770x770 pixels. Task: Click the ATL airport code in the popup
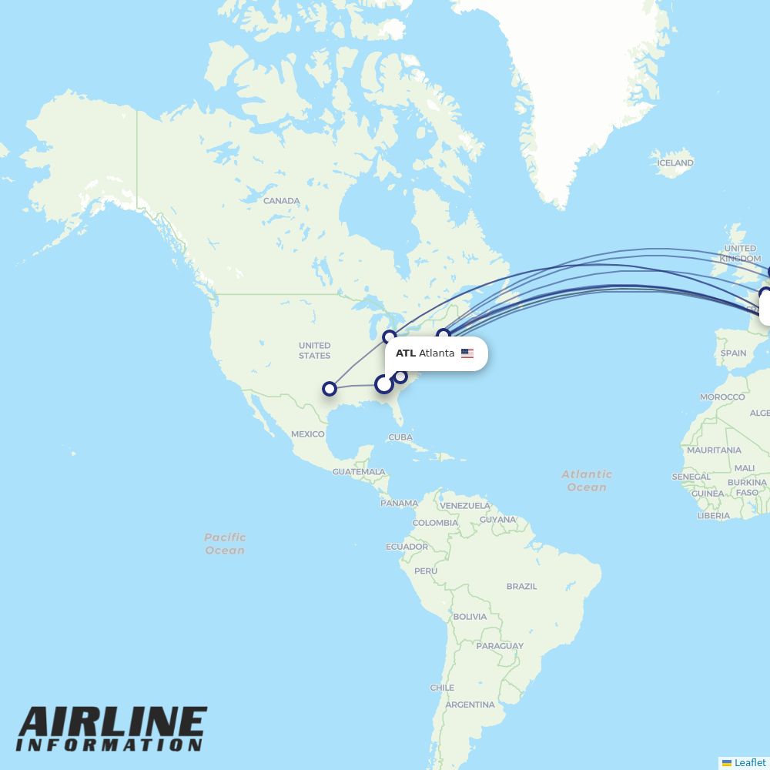[x=406, y=353]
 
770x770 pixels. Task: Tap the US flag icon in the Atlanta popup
[x=467, y=353]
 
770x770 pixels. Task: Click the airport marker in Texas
[x=330, y=389]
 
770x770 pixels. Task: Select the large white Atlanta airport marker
[x=383, y=383]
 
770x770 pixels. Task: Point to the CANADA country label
[x=281, y=201]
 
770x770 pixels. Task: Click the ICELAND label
[x=675, y=163]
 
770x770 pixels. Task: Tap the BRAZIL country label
[x=521, y=586]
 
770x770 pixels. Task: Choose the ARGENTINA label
[x=470, y=705]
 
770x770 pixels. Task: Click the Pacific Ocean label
[x=225, y=544]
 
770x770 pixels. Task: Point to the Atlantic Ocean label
[x=587, y=480]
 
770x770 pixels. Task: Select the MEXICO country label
[x=307, y=434]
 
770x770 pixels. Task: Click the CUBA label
[x=400, y=437]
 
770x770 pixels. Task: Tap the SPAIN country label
[x=733, y=353]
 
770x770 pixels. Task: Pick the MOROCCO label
[x=722, y=397]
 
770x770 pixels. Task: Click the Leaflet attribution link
[x=749, y=762]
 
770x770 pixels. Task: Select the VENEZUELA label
[x=465, y=506]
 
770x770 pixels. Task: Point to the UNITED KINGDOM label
[x=741, y=253]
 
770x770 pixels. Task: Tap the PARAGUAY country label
[x=500, y=646]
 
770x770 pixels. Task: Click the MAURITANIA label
[x=714, y=450]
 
